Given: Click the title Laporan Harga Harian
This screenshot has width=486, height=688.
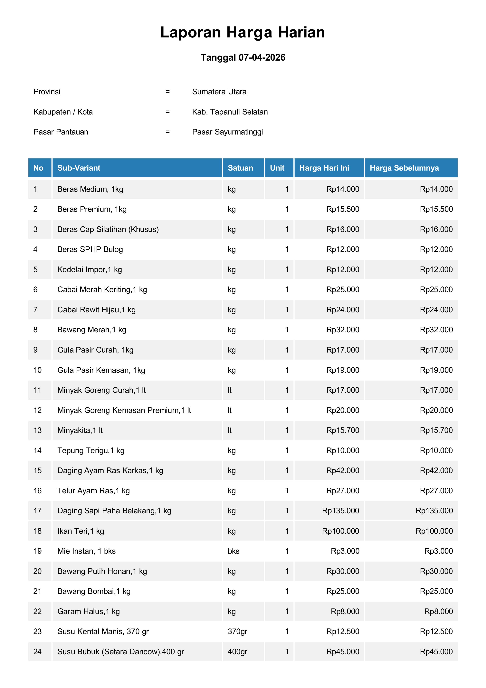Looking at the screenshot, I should coord(243,32).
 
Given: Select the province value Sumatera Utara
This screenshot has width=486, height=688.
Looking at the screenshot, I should coord(219,92).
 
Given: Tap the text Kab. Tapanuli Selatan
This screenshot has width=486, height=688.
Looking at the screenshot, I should coord(230,112).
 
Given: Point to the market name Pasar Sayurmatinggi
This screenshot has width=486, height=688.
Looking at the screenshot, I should coord(227,132).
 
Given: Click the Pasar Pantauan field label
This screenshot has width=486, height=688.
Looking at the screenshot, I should coord(61,132).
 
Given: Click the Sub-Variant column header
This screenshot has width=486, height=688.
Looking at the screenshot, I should coord(79,168).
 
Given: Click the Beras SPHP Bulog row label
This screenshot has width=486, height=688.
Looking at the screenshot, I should coord(90,249).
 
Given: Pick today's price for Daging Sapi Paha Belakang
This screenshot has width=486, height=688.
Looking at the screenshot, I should coord(340,511).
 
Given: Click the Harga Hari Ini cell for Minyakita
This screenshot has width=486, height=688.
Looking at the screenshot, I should coord(343,430).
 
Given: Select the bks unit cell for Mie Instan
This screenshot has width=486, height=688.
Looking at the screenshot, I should coord(233,551).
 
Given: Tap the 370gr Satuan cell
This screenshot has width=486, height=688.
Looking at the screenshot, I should coord(237,631).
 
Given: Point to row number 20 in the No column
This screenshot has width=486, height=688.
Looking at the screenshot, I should coord(37,571).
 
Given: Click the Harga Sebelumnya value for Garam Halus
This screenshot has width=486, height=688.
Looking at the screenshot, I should coord(438,611).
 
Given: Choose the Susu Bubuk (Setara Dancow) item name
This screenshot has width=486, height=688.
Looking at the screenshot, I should coord(120,652).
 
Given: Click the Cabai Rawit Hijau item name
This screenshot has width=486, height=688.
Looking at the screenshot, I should coord(96,310).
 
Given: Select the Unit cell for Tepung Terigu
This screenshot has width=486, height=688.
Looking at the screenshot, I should coord(287,450).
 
